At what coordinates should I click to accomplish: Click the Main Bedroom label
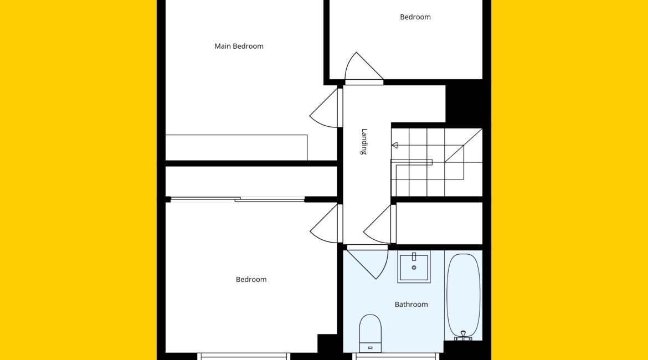[239, 47]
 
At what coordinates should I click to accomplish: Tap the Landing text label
[364, 142]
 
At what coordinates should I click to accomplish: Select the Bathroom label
[411, 305]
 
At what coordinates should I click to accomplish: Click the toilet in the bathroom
[371, 333]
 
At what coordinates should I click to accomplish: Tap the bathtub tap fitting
[463, 336]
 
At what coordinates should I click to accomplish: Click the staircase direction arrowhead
[395, 145]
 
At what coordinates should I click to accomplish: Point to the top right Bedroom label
[415, 17]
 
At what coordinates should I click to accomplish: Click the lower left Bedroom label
[251, 279]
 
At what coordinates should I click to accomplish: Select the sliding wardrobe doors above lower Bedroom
[238, 199]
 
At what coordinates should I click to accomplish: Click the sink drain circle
[414, 268]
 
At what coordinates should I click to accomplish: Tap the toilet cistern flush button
[371, 348]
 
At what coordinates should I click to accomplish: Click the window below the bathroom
[396, 356]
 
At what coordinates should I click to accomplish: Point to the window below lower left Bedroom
[244, 356]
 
